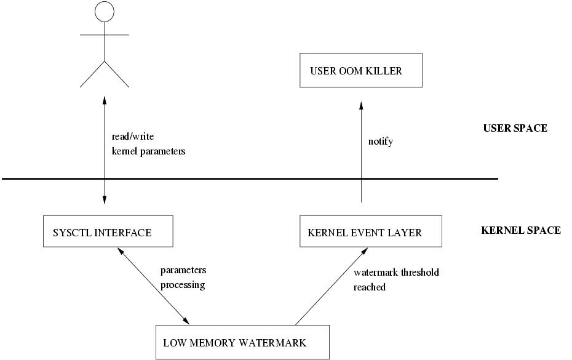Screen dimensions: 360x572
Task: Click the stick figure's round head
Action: click(105, 11)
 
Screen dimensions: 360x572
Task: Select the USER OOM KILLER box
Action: click(360, 70)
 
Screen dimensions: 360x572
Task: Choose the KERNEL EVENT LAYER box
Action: click(370, 231)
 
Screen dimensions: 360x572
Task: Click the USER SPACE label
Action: click(515, 129)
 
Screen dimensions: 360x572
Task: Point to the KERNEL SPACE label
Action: click(520, 230)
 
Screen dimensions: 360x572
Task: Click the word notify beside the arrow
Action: click(380, 142)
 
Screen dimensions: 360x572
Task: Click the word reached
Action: click(370, 287)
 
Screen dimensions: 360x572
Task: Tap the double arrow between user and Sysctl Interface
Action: click(105, 148)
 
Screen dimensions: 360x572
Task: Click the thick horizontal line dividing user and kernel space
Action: click(249, 179)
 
